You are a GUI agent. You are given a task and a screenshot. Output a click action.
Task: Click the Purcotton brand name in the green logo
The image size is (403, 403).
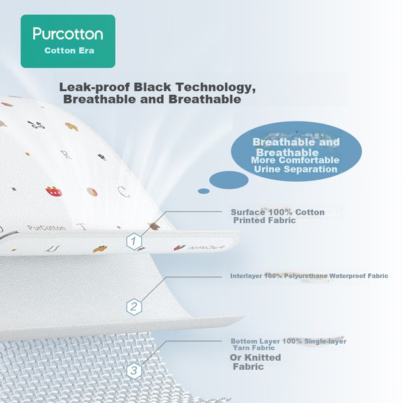68,34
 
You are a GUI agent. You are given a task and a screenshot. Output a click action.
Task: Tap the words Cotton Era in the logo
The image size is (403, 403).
69,51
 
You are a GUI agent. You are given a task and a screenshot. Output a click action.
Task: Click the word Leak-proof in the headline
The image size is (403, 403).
94,88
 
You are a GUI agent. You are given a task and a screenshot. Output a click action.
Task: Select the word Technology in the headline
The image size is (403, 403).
216,88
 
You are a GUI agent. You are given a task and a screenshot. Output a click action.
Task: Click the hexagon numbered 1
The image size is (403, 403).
134,241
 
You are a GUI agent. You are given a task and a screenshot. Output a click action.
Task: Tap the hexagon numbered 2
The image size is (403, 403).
134,306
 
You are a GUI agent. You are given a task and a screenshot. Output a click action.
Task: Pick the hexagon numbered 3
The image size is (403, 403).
134,370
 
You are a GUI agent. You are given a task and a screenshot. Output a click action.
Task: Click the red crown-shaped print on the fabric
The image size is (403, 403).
54,191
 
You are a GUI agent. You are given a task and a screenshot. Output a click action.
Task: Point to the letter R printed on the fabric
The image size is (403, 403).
67,154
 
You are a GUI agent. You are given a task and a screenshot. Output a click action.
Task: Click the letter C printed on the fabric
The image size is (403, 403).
123,191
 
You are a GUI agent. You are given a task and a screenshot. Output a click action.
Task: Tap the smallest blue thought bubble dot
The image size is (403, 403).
203,191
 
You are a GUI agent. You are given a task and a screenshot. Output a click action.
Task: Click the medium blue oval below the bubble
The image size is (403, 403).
229,180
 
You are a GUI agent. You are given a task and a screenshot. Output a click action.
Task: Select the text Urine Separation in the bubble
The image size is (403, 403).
296,169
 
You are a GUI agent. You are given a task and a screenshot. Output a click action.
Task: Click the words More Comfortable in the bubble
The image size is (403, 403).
295,160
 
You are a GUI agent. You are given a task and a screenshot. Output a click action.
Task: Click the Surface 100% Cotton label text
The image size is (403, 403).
278,212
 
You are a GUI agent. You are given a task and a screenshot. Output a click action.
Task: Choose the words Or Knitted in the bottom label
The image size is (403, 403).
255,358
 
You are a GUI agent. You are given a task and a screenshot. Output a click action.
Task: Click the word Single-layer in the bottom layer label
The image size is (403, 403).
325,342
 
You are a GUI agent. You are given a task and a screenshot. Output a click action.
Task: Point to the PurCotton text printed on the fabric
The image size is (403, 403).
47,228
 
